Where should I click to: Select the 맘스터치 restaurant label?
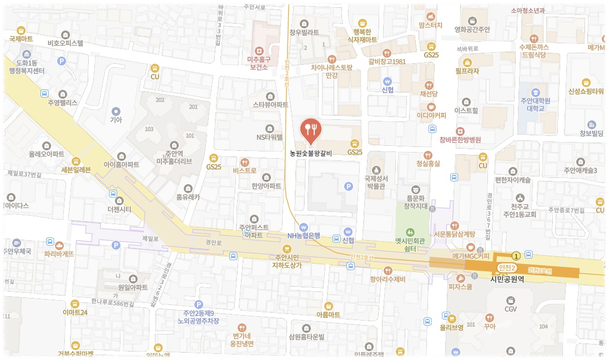430,25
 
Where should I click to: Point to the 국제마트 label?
21,39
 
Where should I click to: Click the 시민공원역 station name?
507,279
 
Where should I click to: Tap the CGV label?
511,308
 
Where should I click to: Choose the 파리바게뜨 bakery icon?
59,245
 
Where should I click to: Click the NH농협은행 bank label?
304,235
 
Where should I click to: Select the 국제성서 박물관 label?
375,182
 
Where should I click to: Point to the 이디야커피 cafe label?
431,116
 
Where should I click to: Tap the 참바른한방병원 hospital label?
460,140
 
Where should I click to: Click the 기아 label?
115,119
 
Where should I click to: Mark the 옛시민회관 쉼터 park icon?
410,232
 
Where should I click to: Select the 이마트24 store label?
75,312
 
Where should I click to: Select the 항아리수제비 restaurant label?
387,279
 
